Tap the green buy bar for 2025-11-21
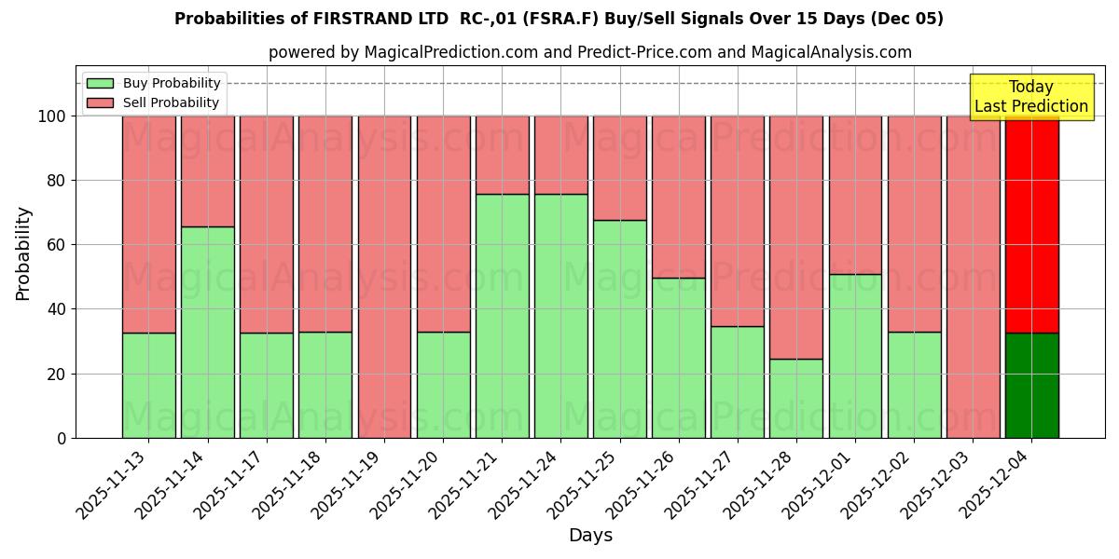[x=503, y=316]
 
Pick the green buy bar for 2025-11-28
[x=796, y=398]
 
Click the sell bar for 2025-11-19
[x=384, y=277]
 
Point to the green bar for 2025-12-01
[x=855, y=356]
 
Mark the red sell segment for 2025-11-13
[x=149, y=224]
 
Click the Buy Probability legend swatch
[x=100, y=84]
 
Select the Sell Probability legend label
[x=171, y=103]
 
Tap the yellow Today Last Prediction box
[x=1030, y=97]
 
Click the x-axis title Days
[x=590, y=536]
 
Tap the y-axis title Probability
[x=23, y=252]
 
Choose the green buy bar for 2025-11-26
[x=679, y=358]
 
